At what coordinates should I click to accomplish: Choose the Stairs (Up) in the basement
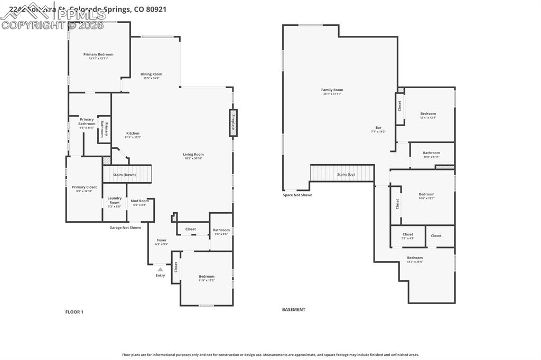click(342, 174)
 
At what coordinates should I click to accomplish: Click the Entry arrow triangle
click(160, 269)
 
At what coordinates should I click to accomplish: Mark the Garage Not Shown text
click(125, 228)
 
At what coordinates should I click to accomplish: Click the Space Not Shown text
click(297, 195)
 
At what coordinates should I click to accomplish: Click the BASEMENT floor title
click(294, 310)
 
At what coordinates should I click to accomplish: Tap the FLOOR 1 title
click(74, 312)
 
